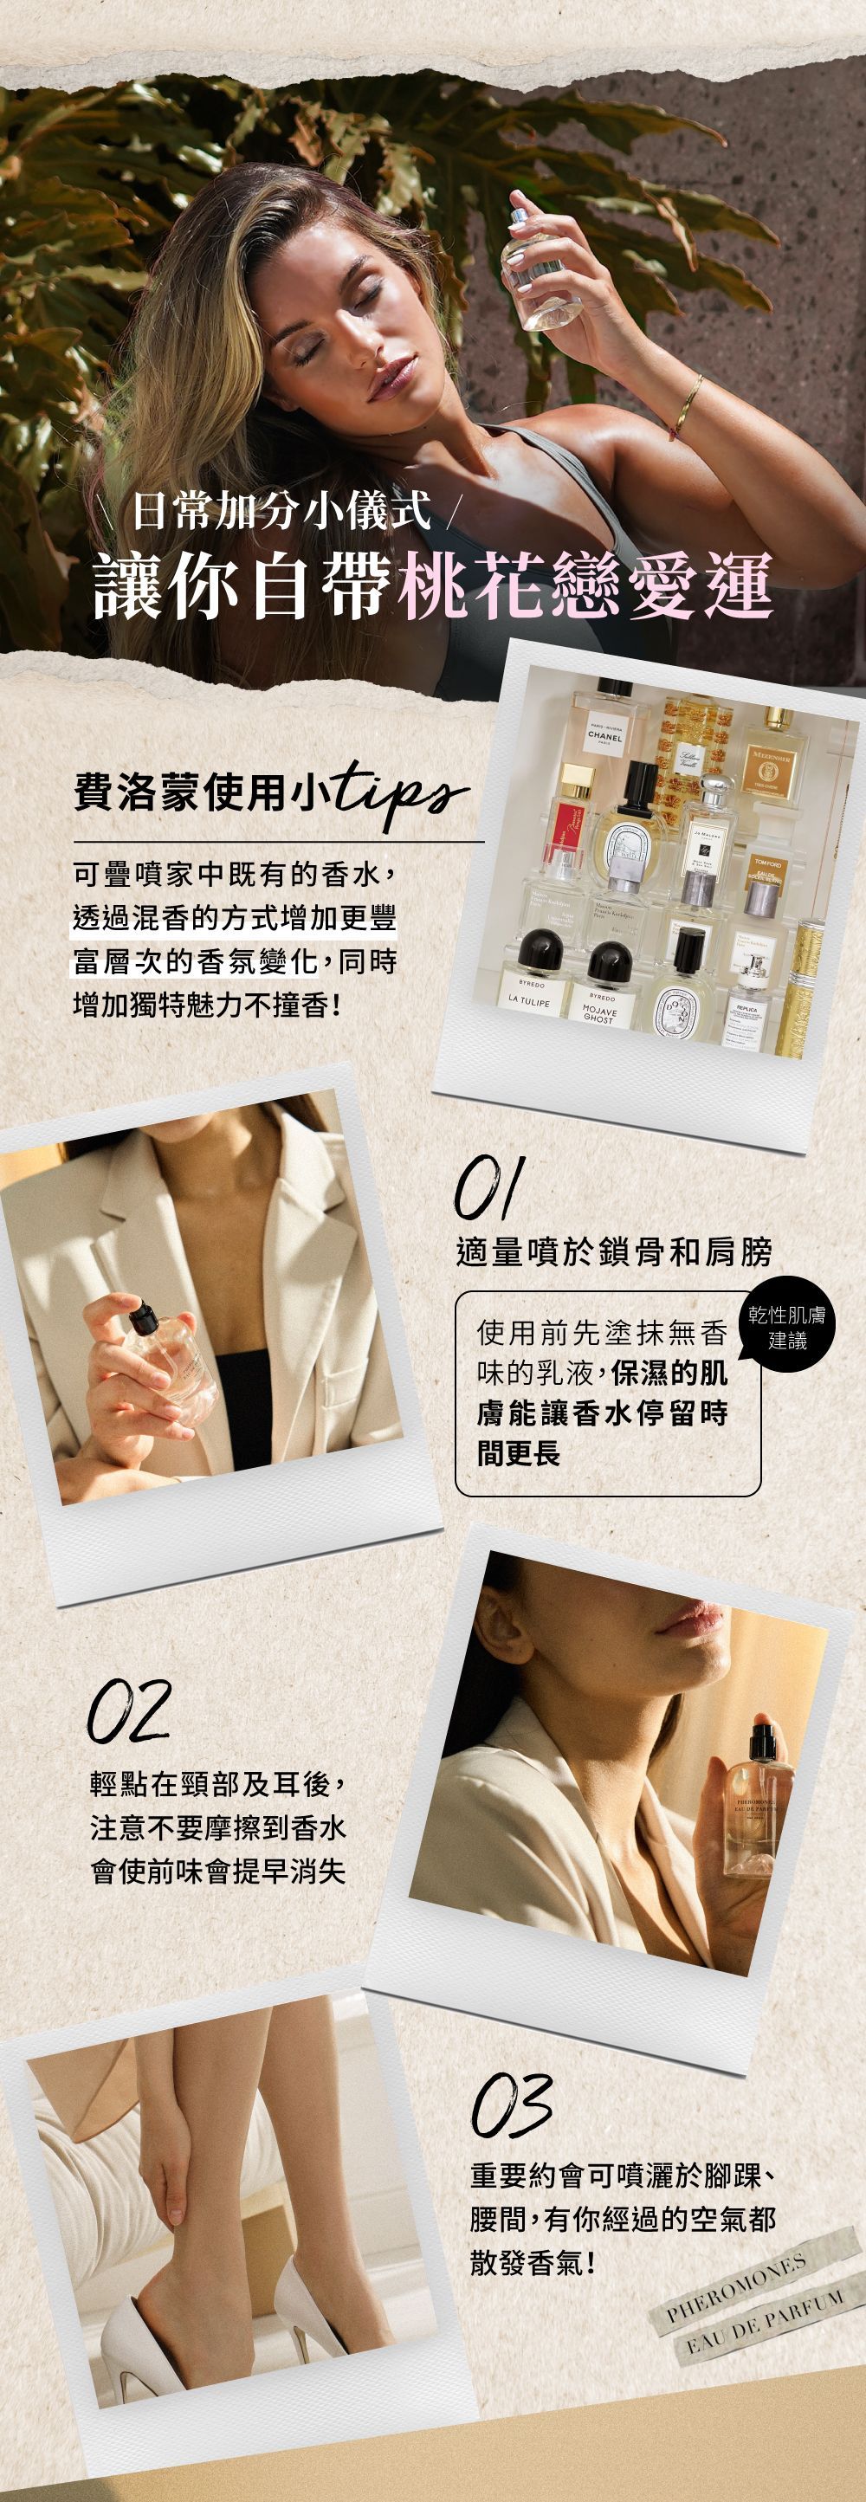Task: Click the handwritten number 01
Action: [489, 1186]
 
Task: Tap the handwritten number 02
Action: [129, 1710]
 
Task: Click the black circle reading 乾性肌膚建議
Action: [786, 1326]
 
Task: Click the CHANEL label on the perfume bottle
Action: [604, 735]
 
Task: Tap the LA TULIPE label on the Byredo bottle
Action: [529, 999]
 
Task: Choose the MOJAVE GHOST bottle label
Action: [599, 1014]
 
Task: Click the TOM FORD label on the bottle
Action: [767, 863]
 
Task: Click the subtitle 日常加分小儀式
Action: [281, 511]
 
